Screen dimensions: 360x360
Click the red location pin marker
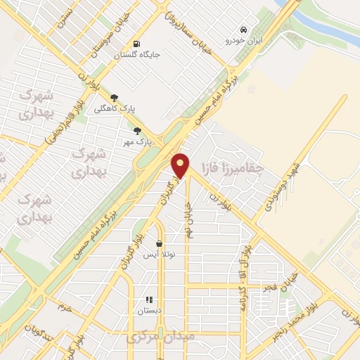[x=181, y=166]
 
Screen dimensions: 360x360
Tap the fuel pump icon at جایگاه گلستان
[x=136, y=41]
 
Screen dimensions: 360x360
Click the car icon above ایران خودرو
[x=243, y=30]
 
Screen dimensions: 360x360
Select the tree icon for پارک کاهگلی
[x=115, y=98]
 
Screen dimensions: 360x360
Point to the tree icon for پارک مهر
[x=137, y=130]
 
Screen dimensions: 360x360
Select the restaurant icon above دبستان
[x=149, y=299]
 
